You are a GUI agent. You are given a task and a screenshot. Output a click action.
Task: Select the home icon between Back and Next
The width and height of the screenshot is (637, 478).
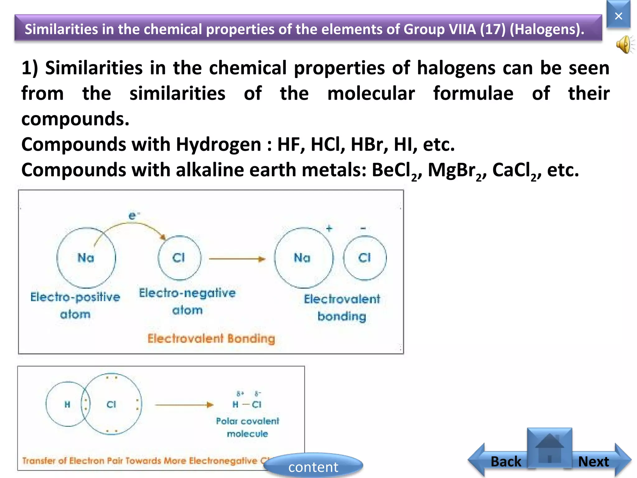(550, 448)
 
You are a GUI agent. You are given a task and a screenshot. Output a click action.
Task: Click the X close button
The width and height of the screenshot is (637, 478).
(618, 16)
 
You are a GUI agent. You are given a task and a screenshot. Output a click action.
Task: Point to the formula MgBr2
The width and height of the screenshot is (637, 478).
(455, 171)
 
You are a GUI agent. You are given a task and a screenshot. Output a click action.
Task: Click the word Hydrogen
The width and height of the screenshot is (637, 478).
(218, 145)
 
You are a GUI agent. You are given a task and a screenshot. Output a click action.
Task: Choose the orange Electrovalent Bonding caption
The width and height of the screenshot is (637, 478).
(211, 339)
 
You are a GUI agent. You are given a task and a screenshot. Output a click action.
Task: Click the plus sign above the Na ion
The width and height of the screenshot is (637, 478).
(329, 229)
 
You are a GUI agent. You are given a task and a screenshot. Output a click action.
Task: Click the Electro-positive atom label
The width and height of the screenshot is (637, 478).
(75, 305)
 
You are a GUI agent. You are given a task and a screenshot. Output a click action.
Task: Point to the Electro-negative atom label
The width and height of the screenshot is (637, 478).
(187, 301)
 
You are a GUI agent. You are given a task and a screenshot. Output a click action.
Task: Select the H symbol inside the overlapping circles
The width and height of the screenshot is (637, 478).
(67, 405)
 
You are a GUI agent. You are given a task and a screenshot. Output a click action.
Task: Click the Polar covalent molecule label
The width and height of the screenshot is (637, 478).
(248, 427)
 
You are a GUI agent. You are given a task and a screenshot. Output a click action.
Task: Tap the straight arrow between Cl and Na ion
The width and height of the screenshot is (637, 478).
(237, 259)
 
